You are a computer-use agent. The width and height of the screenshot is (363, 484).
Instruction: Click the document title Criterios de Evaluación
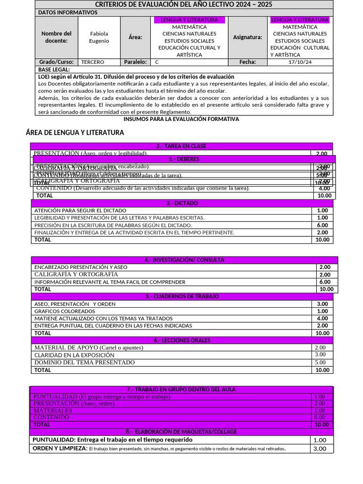coord(184,4)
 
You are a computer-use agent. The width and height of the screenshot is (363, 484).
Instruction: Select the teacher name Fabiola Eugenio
coord(99,37)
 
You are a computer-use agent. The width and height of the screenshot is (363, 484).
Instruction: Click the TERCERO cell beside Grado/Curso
coord(93,62)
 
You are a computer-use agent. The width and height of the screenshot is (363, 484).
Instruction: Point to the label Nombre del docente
coord(56,37)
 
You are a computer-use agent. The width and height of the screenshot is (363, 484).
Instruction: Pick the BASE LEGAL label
coord(53,69)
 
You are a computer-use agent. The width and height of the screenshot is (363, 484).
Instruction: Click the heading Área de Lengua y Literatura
coord(75,133)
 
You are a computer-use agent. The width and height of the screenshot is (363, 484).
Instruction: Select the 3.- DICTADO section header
coord(182,203)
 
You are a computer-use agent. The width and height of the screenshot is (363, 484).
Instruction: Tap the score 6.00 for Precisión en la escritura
coord(322,225)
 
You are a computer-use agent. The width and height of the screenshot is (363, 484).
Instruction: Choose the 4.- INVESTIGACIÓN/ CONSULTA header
coord(184,260)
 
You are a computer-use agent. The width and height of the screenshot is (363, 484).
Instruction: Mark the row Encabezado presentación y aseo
coord(81,268)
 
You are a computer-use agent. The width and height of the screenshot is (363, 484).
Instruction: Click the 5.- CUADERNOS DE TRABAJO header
coord(182,296)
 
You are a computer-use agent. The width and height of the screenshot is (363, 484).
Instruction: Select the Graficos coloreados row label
coord(65,311)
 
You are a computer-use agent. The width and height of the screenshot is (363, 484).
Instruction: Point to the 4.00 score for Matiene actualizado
coord(322,319)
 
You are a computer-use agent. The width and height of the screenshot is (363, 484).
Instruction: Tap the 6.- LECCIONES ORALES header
coord(182,340)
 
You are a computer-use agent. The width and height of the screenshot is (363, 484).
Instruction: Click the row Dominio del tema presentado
coord(85,363)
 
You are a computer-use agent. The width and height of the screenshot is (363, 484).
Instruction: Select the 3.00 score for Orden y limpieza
coord(320,449)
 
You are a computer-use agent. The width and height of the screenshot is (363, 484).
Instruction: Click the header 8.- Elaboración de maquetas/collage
coord(181,432)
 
